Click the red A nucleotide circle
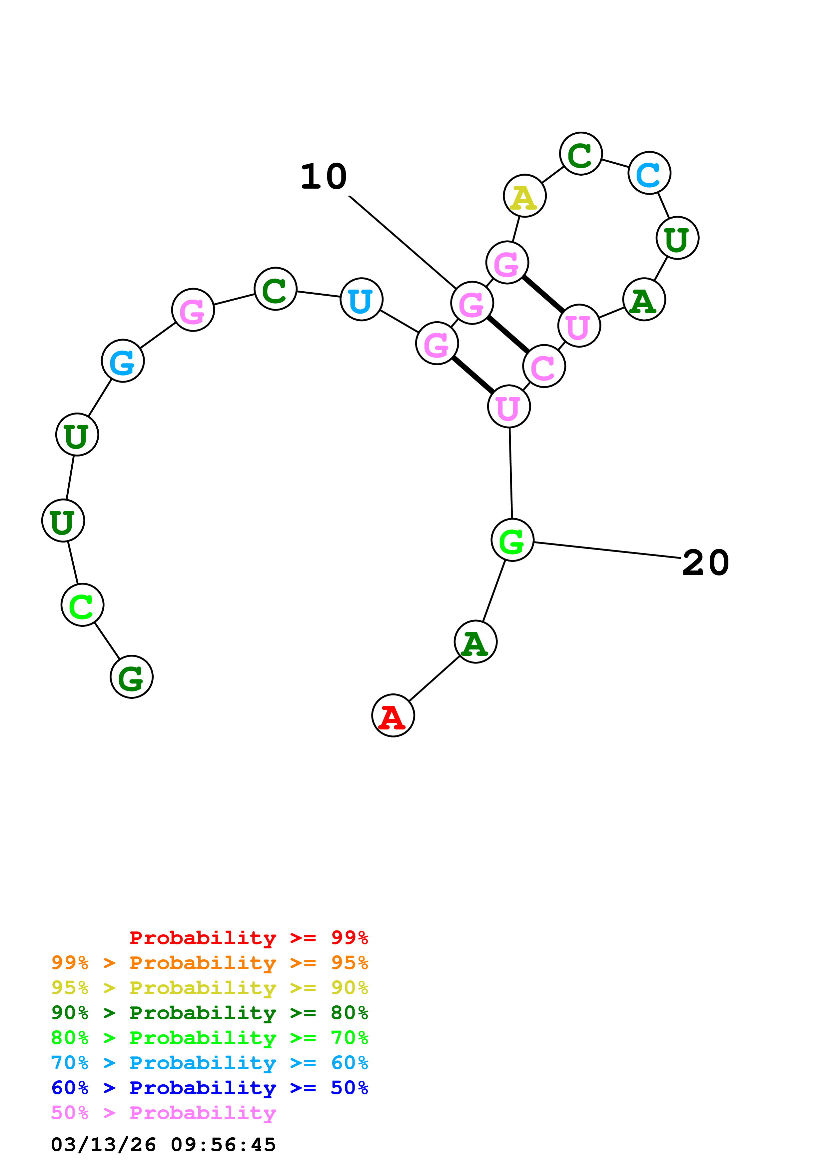pyautogui.click(x=393, y=715)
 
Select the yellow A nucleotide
pyautogui.click(x=525, y=196)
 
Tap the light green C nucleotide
pyautogui.click(x=82, y=605)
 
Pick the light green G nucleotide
pyautogui.click(x=512, y=540)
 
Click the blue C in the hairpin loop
pyautogui.click(x=649, y=173)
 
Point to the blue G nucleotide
pyautogui.click(x=123, y=361)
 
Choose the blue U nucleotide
pyautogui.click(x=361, y=299)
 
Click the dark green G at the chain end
pyautogui.click(x=132, y=677)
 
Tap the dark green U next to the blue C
pyautogui.click(x=677, y=238)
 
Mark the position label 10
pyautogui.click(x=324, y=177)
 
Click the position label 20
pyautogui.click(x=706, y=563)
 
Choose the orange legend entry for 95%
pyautogui.click(x=209, y=962)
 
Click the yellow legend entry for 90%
pyautogui.click(x=209, y=987)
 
